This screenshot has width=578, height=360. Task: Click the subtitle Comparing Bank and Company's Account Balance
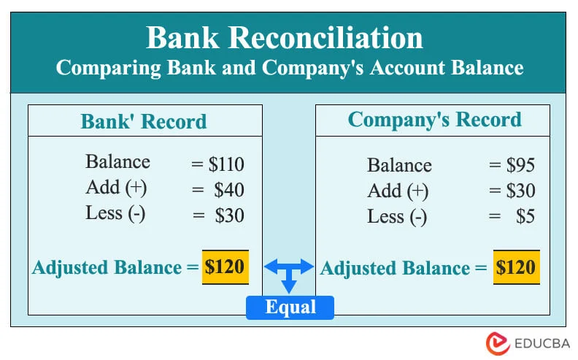click(x=289, y=68)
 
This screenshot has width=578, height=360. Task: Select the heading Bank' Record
click(x=144, y=120)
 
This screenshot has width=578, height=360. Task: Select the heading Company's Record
click(x=435, y=119)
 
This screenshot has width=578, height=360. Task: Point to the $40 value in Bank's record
click(x=228, y=190)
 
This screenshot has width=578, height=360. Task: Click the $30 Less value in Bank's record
click(x=228, y=215)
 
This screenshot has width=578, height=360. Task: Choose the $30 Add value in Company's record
click(x=521, y=191)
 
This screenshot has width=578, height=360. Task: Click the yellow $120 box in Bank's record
click(x=225, y=267)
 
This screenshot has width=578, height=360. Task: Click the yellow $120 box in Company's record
click(x=516, y=267)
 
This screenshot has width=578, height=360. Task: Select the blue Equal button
click(x=290, y=307)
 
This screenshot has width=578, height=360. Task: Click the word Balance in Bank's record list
click(x=117, y=162)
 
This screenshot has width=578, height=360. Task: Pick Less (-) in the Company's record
click(x=397, y=217)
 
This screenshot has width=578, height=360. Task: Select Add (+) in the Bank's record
click(x=116, y=188)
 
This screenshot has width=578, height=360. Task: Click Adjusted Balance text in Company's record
click(x=395, y=268)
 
